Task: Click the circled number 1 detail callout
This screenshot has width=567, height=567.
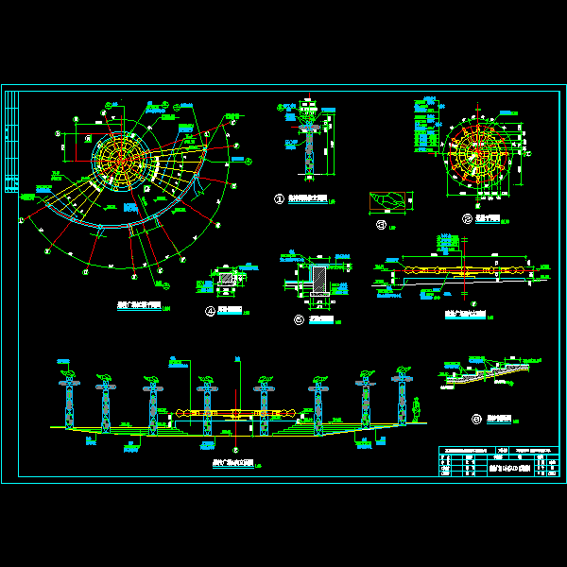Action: pyautogui.click(x=279, y=199)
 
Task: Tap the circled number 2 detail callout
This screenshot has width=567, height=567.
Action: pyautogui.click(x=467, y=219)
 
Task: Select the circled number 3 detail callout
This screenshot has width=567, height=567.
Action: pyautogui.click(x=381, y=225)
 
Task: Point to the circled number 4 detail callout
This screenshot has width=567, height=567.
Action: pyautogui.click(x=211, y=310)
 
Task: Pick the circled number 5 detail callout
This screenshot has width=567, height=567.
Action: pyautogui.click(x=299, y=320)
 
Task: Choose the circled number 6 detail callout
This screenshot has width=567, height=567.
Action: pyautogui.click(x=476, y=419)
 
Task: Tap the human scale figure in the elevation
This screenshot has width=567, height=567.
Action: pyautogui.click(x=418, y=412)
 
